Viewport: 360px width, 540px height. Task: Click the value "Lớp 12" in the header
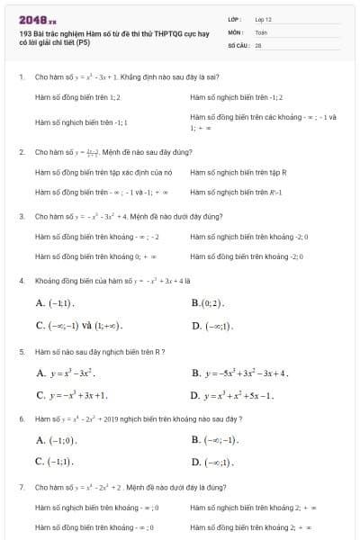(x=263, y=19)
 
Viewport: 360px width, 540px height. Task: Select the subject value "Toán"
(x=261, y=31)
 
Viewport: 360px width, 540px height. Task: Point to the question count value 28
(x=258, y=44)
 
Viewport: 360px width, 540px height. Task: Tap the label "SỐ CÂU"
(x=237, y=44)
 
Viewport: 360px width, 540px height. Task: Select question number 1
(x=21, y=77)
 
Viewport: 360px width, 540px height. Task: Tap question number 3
(x=21, y=216)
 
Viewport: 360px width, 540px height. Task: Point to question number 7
(x=21, y=487)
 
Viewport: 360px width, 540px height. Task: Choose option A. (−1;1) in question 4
(x=55, y=303)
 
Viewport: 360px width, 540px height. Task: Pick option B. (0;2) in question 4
(x=207, y=303)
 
